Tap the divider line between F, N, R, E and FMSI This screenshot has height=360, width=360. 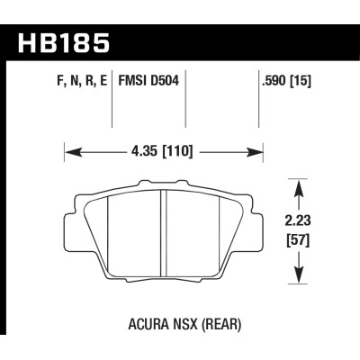pyautogui.click(x=112, y=103)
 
